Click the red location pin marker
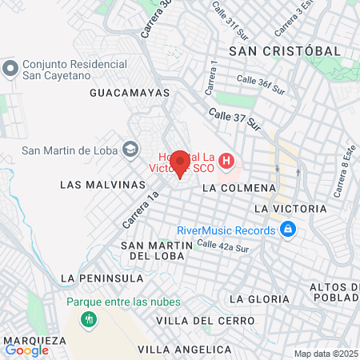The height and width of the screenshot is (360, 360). pyautogui.click(x=180, y=162)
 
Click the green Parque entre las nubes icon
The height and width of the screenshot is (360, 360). pyautogui.click(x=87, y=318)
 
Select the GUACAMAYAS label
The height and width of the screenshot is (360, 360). pyautogui.click(x=130, y=93)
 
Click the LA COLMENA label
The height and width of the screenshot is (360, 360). pyautogui.click(x=238, y=188)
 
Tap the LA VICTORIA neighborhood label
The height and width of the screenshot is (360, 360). pyautogui.click(x=289, y=208)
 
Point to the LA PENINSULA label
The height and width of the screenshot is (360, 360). pyautogui.click(x=102, y=278)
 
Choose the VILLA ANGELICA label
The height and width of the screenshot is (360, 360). pyautogui.click(x=184, y=350)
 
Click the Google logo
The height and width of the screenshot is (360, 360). pyautogui.click(x=26, y=350)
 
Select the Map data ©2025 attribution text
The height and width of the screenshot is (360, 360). pyautogui.click(x=326, y=354)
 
